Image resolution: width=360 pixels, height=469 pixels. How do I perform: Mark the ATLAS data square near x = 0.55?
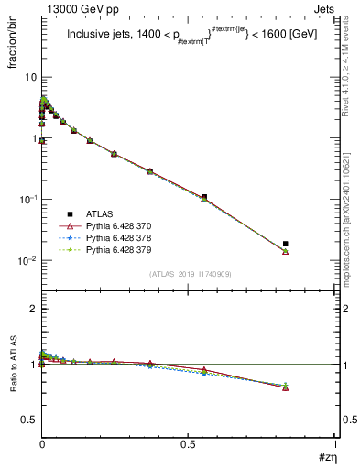pyautogui.click(x=203, y=197)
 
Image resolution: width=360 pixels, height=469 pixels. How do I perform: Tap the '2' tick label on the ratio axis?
pyautogui.click(x=32, y=309)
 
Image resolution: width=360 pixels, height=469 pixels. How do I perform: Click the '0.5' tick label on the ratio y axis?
pyautogui.click(x=27, y=420)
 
